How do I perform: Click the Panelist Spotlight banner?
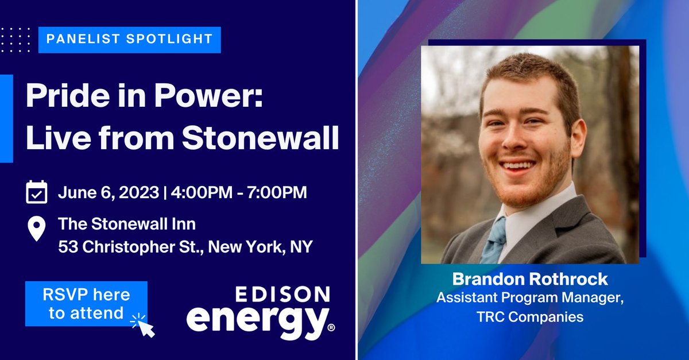click(129, 40)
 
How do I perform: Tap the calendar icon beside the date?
click(37, 192)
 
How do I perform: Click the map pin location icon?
click(37, 229)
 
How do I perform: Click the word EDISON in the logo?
click(282, 295)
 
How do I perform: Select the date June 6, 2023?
click(107, 192)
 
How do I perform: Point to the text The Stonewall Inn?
click(127, 223)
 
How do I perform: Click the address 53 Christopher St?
click(130, 247)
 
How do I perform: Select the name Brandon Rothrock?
click(529, 279)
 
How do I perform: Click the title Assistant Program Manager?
click(529, 298)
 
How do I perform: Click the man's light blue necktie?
click(494, 241)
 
